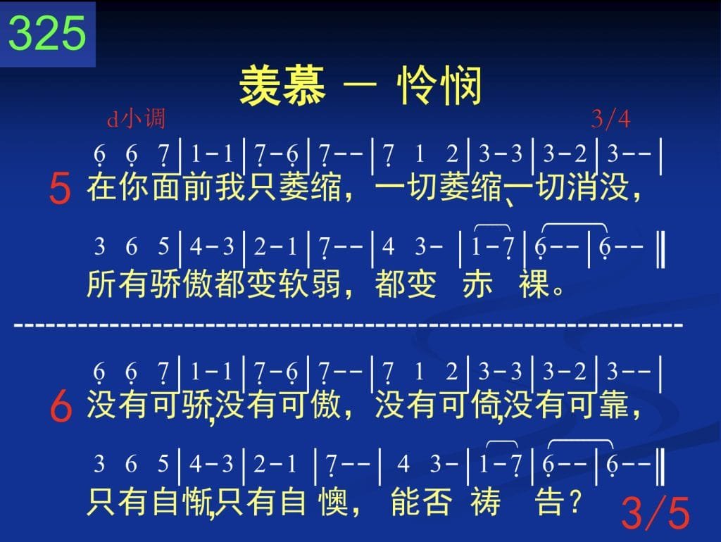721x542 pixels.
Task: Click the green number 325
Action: pyautogui.click(x=47, y=33)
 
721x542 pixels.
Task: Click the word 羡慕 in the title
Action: pyautogui.click(x=282, y=85)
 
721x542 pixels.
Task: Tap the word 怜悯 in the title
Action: pyautogui.click(x=439, y=85)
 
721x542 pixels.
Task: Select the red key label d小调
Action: pyautogui.click(x=136, y=118)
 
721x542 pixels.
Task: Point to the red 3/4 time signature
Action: pyautogui.click(x=610, y=119)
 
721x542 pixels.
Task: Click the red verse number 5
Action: pyautogui.click(x=60, y=189)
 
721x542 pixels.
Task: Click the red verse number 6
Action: pyautogui.click(x=61, y=406)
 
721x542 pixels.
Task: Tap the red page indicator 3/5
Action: pyautogui.click(x=656, y=513)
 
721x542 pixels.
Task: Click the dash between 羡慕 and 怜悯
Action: pyautogui.click(x=360, y=85)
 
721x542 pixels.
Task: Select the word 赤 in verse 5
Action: pyautogui.click(x=477, y=284)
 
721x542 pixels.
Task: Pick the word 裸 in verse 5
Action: pyautogui.click(x=534, y=284)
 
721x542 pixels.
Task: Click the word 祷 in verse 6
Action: pyautogui.click(x=486, y=501)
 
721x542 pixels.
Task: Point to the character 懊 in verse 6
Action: pyautogui.click(x=333, y=501)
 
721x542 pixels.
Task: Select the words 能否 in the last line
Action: pyautogui.click(x=421, y=501)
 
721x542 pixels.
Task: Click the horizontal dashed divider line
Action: pyautogui.click(x=349, y=325)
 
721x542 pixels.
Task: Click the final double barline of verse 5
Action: pyautogui.click(x=660, y=250)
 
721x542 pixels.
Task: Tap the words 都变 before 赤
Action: pyautogui.click(x=406, y=284)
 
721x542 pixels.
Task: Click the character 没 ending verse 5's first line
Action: pyautogui.click(x=614, y=187)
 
